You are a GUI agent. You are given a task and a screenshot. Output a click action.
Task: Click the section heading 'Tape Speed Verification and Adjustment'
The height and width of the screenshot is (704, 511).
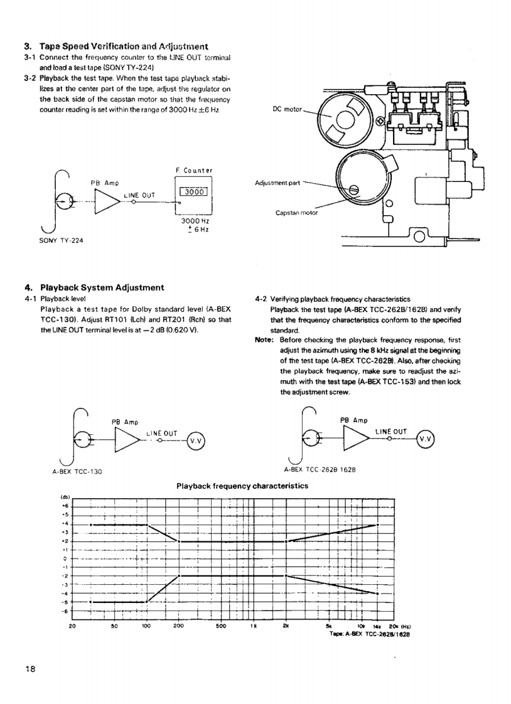click(x=124, y=46)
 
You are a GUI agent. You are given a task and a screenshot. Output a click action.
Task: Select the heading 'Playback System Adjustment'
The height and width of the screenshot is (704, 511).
click(x=102, y=287)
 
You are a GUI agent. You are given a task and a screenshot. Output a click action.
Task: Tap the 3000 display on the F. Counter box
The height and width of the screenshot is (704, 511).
click(x=194, y=192)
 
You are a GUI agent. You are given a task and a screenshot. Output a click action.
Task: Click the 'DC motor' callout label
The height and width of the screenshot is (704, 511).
click(x=288, y=109)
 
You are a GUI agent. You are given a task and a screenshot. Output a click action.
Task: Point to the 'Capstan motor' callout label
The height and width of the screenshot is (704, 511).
click(x=296, y=213)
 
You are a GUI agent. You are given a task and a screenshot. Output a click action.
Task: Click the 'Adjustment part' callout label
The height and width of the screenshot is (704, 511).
click(x=277, y=183)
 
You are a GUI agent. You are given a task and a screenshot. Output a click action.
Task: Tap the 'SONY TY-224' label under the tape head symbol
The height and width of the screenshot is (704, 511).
click(x=62, y=240)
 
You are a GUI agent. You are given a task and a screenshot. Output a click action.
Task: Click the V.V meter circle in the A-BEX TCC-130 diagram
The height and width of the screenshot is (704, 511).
click(x=195, y=441)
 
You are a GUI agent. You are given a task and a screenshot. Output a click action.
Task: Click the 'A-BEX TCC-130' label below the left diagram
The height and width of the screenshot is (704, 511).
click(x=77, y=472)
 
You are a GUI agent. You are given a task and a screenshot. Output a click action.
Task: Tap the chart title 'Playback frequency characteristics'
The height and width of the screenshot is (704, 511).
click(x=242, y=486)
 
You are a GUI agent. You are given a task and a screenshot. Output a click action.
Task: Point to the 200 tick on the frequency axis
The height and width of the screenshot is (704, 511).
click(x=179, y=626)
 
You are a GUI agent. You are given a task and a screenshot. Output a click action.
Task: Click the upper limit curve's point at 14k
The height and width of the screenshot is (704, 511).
click(x=378, y=525)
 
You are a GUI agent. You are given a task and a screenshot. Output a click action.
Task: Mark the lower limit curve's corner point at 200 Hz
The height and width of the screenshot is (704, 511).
click(x=179, y=576)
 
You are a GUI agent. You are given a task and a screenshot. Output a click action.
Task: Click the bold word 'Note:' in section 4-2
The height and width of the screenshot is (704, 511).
click(x=264, y=340)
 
